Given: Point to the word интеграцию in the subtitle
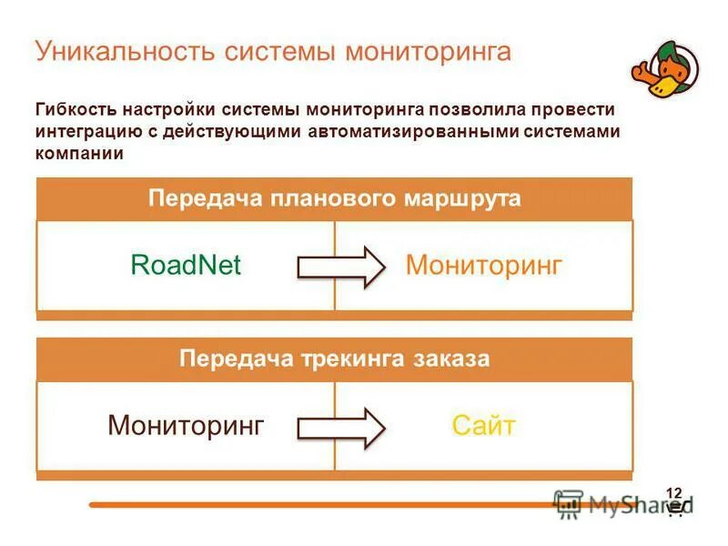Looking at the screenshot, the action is [x=89, y=131].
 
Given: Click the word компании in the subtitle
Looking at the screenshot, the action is [x=78, y=153].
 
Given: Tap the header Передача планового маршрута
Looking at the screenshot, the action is [x=334, y=198].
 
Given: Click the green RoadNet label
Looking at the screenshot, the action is [x=186, y=265].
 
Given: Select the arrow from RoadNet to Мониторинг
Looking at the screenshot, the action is [x=341, y=267].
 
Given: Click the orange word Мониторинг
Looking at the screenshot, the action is [x=483, y=265].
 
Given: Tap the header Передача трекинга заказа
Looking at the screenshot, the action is [x=334, y=359].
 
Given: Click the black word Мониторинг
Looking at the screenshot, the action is [x=186, y=425].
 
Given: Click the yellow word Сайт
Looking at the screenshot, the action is [x=483, y=425].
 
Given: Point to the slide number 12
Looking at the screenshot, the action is [x=674, y=492].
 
